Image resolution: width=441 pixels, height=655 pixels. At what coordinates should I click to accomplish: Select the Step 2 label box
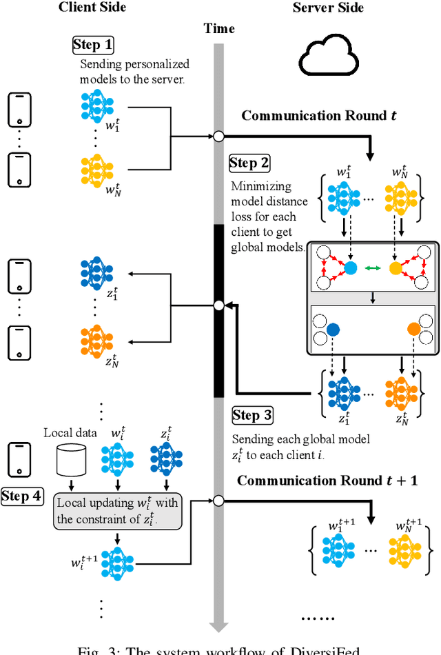249,163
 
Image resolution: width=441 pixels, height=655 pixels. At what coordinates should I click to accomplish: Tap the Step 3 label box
252,415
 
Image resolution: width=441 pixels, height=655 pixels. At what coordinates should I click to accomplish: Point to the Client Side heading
92,8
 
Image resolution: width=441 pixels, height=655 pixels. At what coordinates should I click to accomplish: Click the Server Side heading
327,8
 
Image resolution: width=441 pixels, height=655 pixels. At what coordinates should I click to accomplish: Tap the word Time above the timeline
219,28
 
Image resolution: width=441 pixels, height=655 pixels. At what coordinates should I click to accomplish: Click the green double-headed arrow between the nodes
373,268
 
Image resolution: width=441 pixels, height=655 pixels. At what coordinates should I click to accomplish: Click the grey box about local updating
118,510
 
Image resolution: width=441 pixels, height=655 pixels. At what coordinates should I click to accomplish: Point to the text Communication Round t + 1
327,481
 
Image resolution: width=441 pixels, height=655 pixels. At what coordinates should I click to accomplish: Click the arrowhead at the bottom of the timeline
218,625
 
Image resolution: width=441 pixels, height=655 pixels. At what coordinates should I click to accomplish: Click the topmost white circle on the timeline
218,136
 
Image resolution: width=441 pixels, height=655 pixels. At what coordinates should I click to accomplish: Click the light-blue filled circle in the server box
351,268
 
